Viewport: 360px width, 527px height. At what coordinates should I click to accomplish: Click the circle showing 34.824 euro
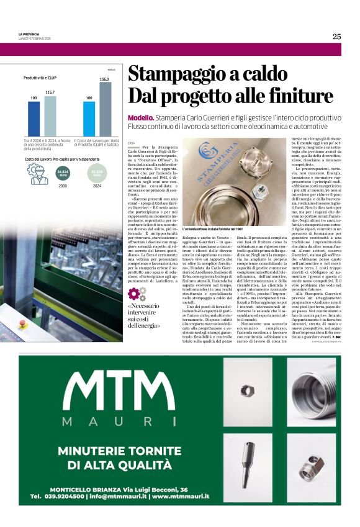coord(62,173)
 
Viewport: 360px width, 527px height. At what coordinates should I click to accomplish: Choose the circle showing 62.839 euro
coord(97,173)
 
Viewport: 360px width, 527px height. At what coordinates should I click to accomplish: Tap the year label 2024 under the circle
coord(97,186)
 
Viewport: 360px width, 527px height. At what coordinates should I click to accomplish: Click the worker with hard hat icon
coord(37,174)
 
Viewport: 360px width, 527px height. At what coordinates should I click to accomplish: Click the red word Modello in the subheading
coord(141,117)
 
